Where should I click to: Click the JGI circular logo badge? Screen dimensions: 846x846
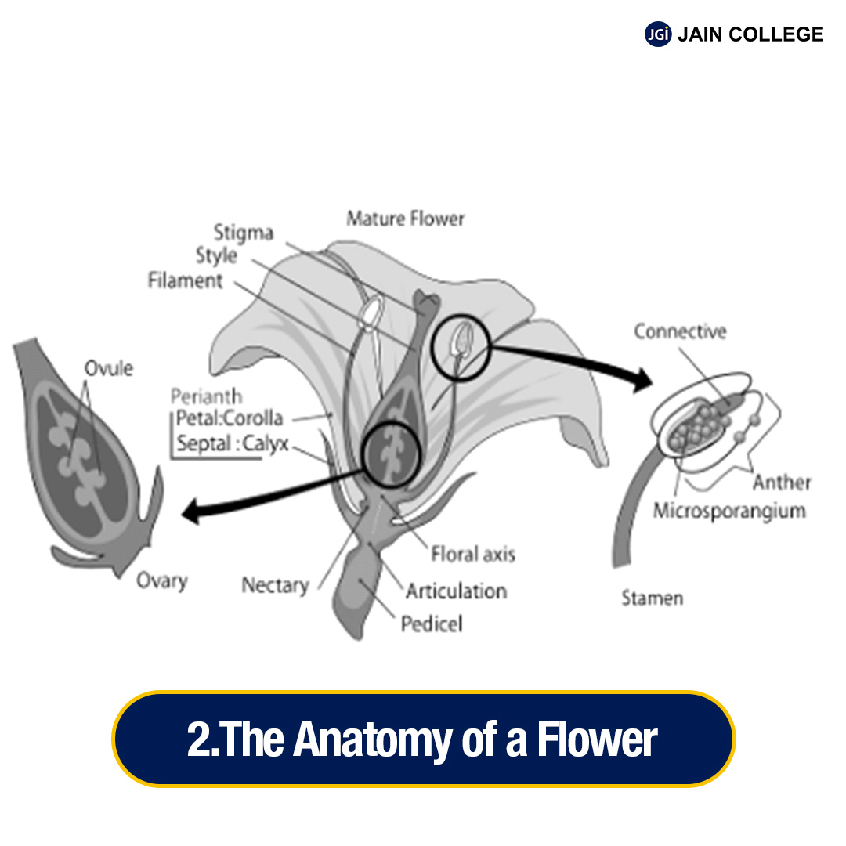click(658, 34)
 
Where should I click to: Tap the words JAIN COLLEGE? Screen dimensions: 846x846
click(750, 34)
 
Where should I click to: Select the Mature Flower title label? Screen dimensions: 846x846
click(405, 219)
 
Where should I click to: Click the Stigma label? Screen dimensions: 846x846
click(244, 233)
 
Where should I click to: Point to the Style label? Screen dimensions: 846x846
click(216, 255)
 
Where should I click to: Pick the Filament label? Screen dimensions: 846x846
click(186, 280)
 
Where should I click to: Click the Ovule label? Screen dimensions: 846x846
click(109, 367)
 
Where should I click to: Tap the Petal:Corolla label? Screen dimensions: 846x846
click(230, 418)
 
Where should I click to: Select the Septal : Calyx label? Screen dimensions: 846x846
click(233, 443)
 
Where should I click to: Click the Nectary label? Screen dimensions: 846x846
click(275, 584)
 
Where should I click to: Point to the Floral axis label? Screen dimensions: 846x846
click(473, 555)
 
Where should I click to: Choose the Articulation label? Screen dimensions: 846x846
click(456, 590)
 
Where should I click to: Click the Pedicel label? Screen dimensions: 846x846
click(432, 624)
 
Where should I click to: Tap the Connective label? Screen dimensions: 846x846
click(680, 331)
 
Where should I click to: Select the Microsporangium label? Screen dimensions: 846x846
click(729, 511)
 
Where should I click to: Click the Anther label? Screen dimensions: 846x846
click(782, 483)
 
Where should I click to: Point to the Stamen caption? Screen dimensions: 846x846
click(652, 598)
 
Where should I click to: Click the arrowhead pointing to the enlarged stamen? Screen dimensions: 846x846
click(642, 381)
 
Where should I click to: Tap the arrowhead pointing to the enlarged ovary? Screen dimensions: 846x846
click(190, 513)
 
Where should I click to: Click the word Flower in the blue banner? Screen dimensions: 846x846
click(596, 739)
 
